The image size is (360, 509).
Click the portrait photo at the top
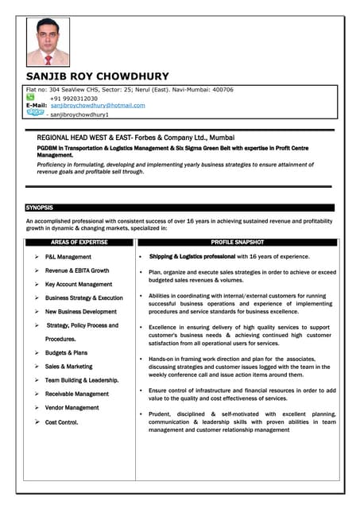tap(43, 41)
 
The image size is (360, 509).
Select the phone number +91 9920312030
tap(74, 98)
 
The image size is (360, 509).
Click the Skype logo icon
tap(35, 113)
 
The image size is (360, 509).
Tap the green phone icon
tap(30, 97)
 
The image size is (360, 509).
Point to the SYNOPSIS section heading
tap(40, 208)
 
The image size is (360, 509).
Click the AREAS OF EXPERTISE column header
tap(79, 242)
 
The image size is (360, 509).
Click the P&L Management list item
tap(68, 257)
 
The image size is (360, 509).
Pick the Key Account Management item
tap(79, 284)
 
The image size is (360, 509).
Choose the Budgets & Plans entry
tap(67, 352)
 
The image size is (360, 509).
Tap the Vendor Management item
tap(72, 407)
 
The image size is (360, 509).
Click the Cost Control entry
tap(62, 422)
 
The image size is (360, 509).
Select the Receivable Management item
tap(77, 394)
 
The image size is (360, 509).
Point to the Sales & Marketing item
tap(69, 367)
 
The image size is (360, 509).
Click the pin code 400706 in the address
tap(220, 90)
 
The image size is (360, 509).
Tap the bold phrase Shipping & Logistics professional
tap(192, 257)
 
